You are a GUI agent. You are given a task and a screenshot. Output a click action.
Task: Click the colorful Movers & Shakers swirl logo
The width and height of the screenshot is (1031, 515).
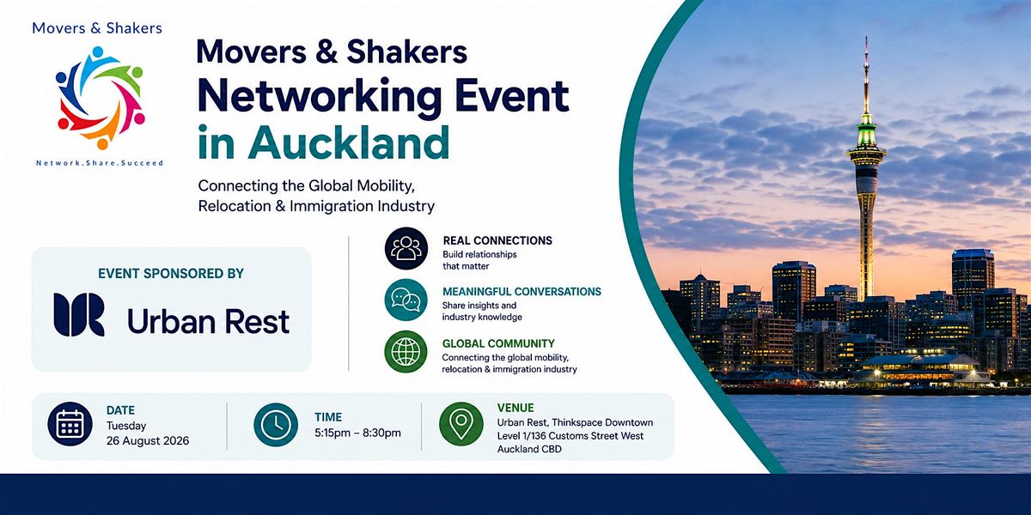point(100,98)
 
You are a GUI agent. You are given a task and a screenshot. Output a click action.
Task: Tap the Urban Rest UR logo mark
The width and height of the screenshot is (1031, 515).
point(79,315)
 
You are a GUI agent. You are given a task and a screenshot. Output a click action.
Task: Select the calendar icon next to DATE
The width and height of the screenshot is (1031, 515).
point(70,424)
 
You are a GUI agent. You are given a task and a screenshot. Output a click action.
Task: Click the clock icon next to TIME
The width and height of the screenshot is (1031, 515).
point(276,425)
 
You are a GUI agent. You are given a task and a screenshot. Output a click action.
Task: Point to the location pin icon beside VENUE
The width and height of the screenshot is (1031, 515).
point(461,424)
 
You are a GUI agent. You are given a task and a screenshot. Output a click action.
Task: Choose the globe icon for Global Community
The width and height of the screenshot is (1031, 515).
point(406,352)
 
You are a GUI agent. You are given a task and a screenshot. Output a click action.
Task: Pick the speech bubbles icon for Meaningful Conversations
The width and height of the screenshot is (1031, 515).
point(406,300)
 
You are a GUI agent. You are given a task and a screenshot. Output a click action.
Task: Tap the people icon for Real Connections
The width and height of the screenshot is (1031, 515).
point(406,248)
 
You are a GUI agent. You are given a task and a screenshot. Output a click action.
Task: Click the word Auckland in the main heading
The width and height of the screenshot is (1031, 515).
point(349,142)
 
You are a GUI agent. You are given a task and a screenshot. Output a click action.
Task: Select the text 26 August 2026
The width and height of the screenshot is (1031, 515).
point(148,441)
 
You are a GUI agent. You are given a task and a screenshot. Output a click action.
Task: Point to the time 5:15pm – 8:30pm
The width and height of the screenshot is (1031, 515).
point(357,433)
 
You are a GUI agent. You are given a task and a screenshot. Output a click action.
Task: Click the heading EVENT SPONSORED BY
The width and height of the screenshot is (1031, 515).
point(171,274)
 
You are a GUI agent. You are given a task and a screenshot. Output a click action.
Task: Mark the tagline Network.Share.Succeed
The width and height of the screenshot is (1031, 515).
point(100,163)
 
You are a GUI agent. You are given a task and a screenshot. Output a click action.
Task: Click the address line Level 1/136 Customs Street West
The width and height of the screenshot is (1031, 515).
point(570,436)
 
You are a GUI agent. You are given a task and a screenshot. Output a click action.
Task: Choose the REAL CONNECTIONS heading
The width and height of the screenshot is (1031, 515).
point(497,240)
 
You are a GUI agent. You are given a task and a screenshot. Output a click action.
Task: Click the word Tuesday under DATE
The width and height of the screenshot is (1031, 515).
point(126,427)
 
